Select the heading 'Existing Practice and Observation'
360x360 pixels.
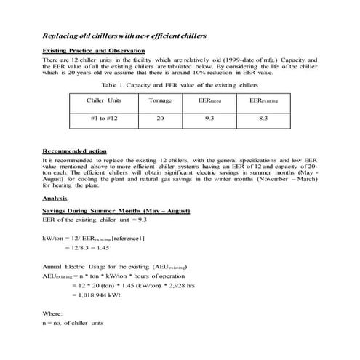click(x=88, y=49)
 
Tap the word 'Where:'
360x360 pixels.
click(x=53, y=313)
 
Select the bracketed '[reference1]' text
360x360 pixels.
click(x=126, y=238)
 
